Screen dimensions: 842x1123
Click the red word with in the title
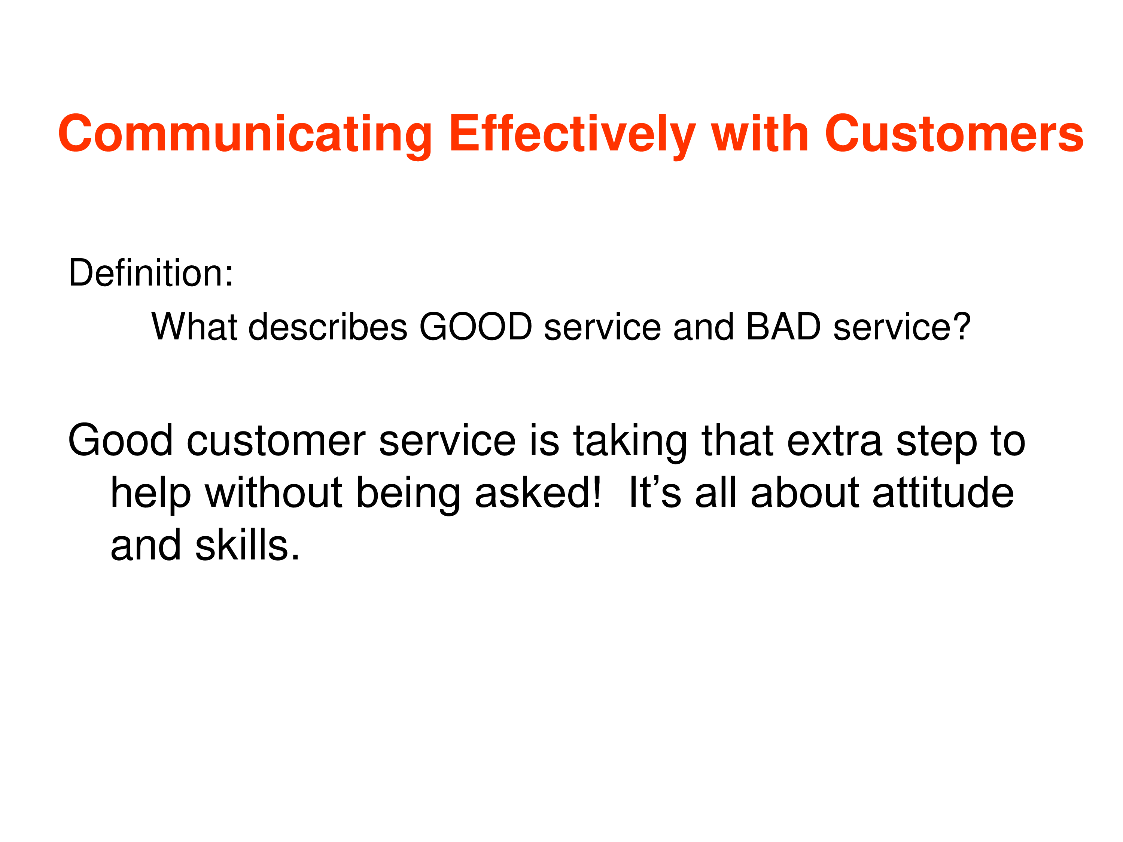760,134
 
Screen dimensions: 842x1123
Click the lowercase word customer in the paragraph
276,440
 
